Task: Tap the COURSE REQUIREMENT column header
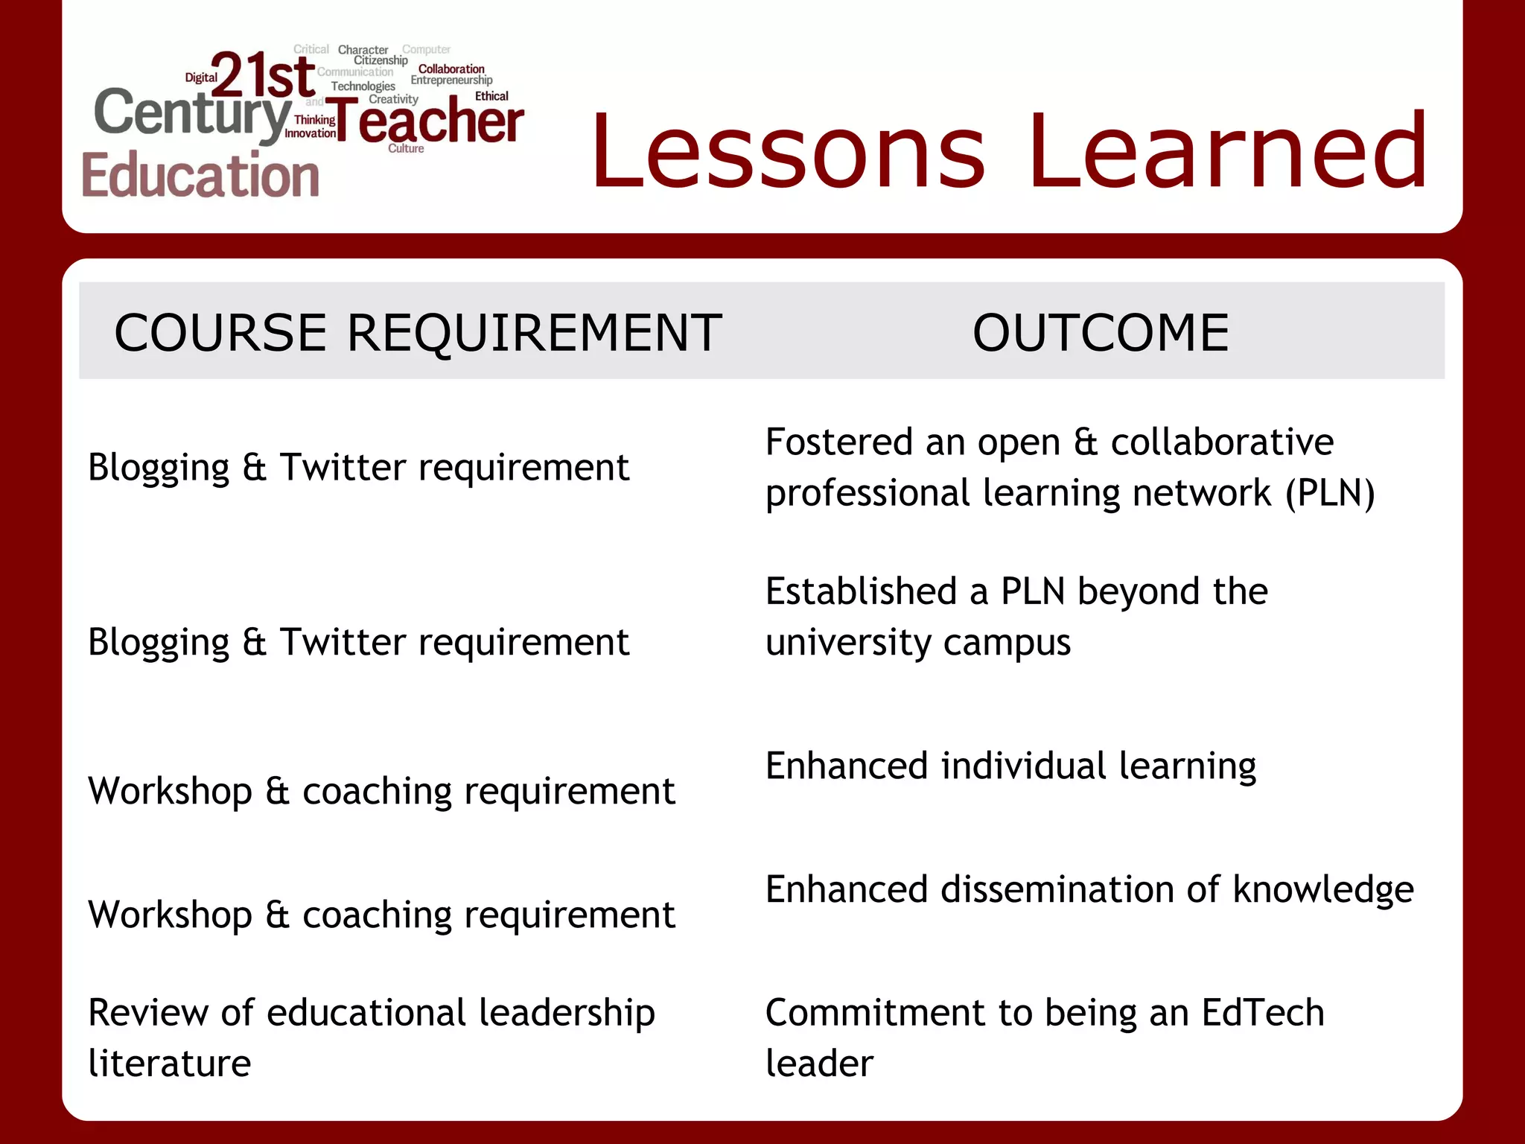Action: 418,332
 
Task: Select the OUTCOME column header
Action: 1101,332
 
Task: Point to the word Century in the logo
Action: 192,113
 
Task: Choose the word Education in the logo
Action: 200,176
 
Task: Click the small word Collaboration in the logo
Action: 451,69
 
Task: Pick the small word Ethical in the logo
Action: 491,96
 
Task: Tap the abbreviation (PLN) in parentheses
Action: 1330,493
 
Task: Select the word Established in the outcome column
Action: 861,591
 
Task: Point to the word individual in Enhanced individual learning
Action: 1024,766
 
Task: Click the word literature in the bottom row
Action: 170,1064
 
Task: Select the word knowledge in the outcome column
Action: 1323,890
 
